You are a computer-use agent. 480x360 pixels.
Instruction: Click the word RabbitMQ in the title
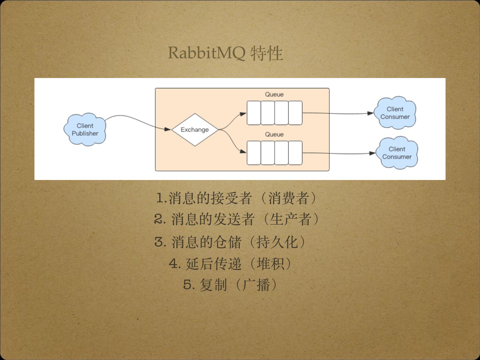(x=206, y=53)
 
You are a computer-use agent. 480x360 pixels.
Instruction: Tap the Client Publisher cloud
(x=85, y=129)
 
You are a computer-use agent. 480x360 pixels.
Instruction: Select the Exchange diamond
(x=195, y=130)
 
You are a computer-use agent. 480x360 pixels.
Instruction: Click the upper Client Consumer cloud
(x=395, y=113)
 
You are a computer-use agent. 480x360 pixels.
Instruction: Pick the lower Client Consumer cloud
(x=397, y=153)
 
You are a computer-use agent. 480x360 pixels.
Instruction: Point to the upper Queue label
(x=274, y=94)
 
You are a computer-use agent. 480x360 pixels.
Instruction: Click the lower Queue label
(x=274, y=134)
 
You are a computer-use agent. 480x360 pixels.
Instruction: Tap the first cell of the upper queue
(x=254, y=113)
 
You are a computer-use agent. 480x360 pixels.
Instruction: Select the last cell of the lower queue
(x=295, y=153)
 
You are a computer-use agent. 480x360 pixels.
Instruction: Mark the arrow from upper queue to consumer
(x=337, y=113)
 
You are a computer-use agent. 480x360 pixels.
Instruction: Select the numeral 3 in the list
(x=160, y=242)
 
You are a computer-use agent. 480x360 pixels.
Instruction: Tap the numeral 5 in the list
(x=189, y=285)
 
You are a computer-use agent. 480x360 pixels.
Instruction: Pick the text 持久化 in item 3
(x=277, y=242)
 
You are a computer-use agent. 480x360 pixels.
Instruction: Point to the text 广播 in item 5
(x=256, y=285)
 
